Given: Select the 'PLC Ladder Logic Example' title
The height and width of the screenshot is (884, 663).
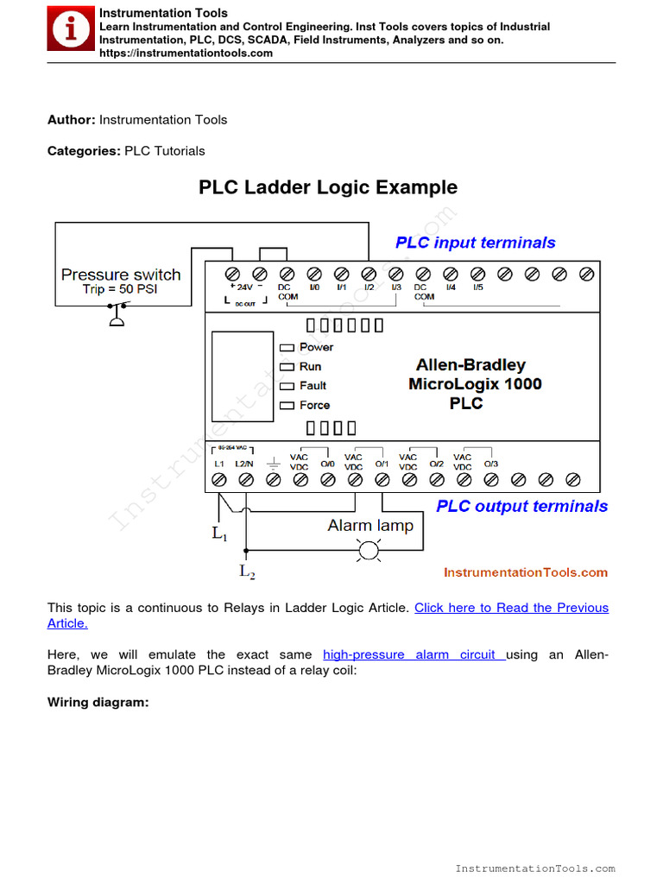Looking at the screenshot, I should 328,187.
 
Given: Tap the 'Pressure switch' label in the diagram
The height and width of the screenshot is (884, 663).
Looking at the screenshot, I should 121,275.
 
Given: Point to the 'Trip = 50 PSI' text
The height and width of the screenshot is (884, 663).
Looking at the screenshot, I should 120,289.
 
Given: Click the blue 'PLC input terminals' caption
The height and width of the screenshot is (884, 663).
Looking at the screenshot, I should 475,243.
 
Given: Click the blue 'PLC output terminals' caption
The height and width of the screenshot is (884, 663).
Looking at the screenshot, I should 521,506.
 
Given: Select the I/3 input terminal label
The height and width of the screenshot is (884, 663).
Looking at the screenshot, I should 395,287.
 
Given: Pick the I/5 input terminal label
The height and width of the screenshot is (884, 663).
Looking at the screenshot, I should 477,287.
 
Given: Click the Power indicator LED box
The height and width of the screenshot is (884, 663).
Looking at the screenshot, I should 287,347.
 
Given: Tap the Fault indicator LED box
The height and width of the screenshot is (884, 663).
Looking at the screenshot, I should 287,386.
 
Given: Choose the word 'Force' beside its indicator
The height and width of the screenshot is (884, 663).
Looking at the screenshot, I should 314,405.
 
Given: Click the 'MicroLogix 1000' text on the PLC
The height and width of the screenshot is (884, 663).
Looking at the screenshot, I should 475,383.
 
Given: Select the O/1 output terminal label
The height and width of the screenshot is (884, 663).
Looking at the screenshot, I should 381,464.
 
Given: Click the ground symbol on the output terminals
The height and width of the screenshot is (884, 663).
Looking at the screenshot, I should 273,464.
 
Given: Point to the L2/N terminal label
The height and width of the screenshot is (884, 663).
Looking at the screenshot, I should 245,464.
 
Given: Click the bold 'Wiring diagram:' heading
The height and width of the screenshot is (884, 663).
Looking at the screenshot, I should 98,703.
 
